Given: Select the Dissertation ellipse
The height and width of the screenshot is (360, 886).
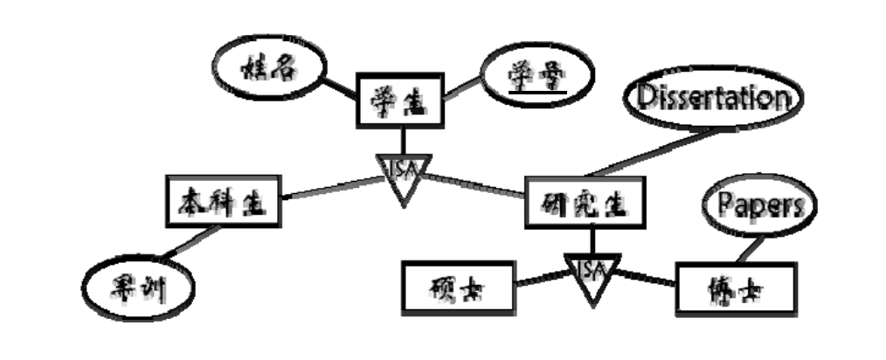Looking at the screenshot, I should click(x=716, y=97).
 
